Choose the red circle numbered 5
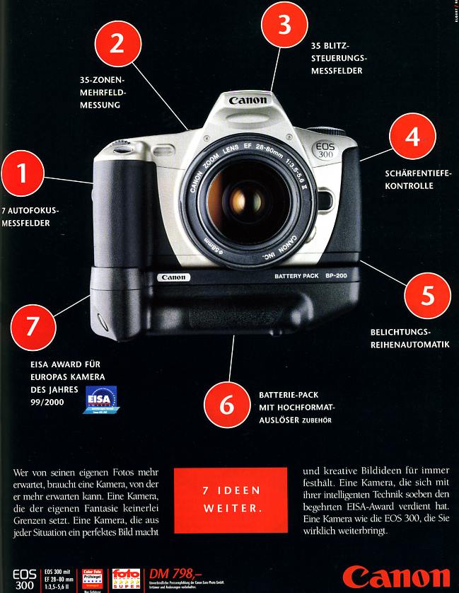(426, 295)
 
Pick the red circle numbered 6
(226, 405)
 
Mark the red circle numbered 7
(30, 326)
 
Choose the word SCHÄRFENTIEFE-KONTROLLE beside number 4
(417, 180)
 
